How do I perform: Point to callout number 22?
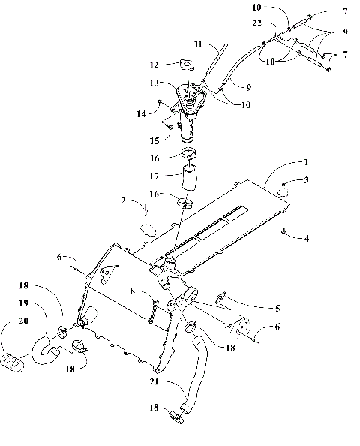click(x=277, y=26)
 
